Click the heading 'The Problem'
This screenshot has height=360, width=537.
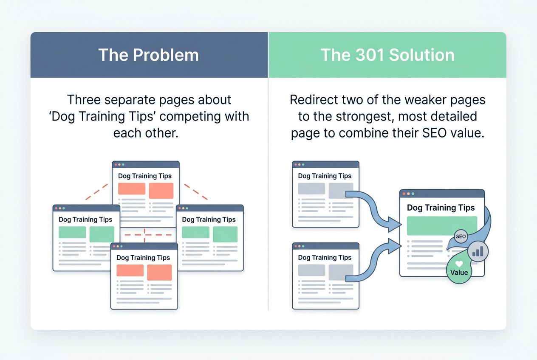[x=149, y=55]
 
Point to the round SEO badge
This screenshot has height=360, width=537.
[x=461, y=236]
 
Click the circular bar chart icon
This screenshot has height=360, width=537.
[x=478, y=252]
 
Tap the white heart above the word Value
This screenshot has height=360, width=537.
[x=459, y=264]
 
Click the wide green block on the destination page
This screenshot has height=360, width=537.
[x=442, y=226]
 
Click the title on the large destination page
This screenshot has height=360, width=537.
[x=441, y=208]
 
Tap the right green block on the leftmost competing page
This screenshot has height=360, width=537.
[x=102, y=234]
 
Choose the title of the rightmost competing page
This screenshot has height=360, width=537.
[x=209, y=219]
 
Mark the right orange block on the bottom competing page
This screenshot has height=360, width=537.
[x=159, y=273]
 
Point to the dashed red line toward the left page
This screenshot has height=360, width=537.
[x=94, y=192]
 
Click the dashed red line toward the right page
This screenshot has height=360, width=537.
[x=195, y=192]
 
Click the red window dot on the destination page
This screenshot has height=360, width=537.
[x=404, y=194]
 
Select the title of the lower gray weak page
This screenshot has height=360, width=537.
[x=325, y=257]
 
